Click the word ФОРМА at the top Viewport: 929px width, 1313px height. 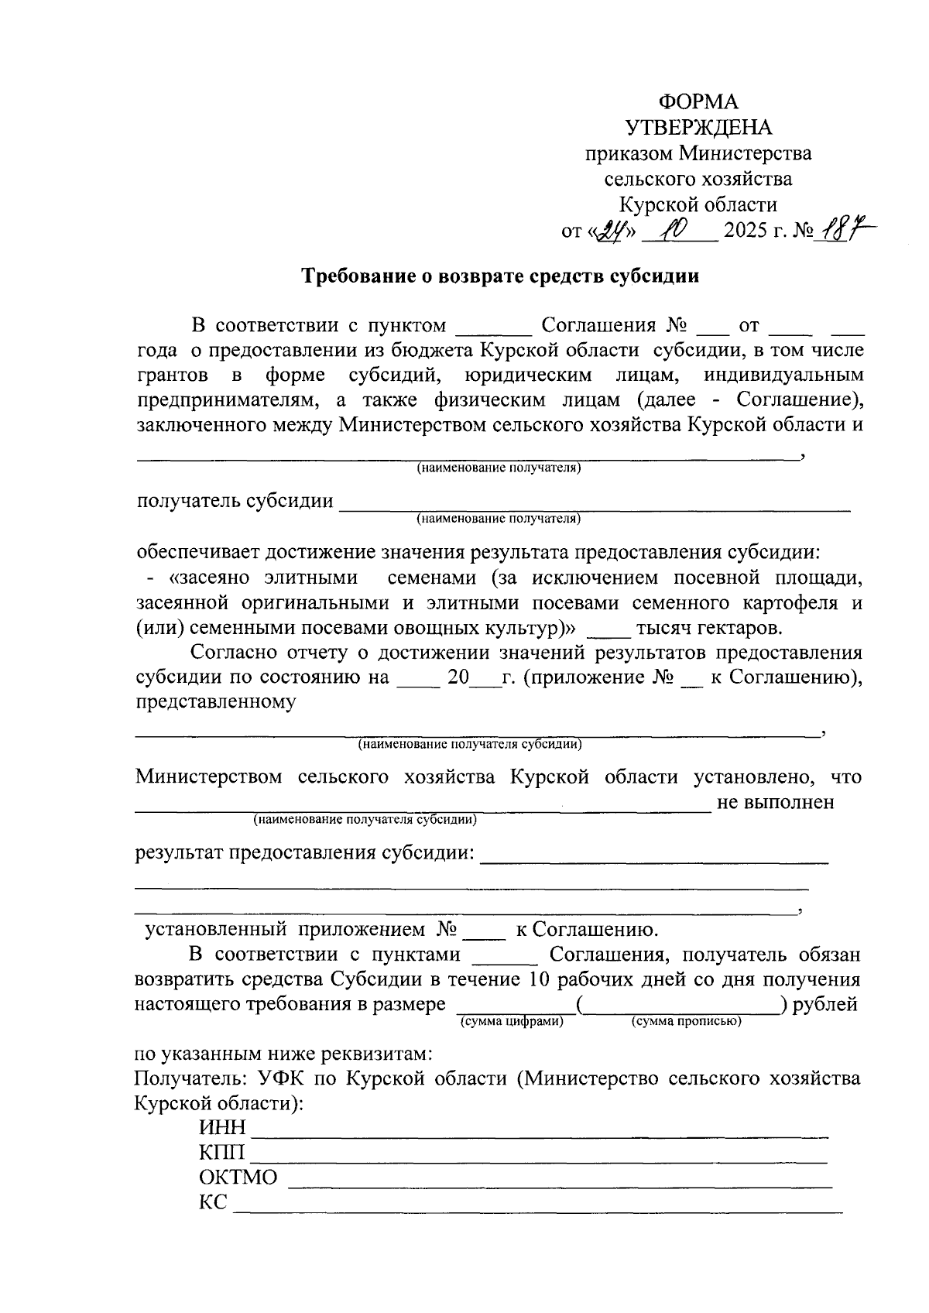point(698,102)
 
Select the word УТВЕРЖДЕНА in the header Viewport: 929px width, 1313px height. point(698,128)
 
